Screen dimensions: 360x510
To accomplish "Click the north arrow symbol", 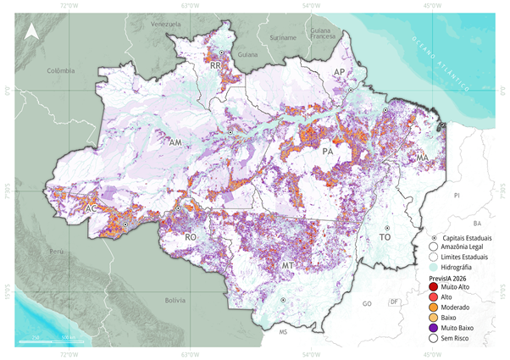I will point(30,32).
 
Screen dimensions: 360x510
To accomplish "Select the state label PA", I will point(327,152).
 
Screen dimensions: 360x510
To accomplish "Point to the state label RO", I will point(191,239).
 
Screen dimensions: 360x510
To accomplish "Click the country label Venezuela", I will point(166,25).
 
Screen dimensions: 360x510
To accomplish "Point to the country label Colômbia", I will point(61,70).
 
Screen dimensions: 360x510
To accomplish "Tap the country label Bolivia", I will point(175,300).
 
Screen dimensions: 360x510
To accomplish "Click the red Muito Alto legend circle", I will point(435,288).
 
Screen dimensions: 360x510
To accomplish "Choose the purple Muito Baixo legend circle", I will point(435,327).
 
